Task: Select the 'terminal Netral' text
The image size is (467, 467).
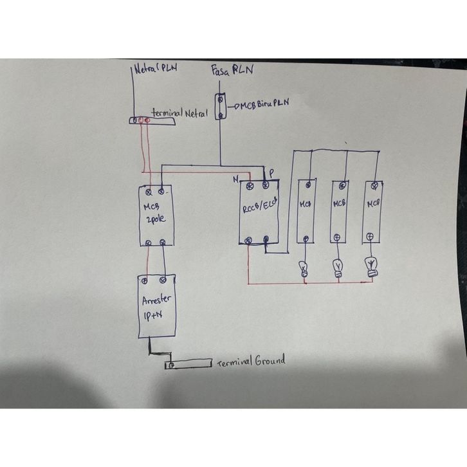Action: click(x=179, y=113)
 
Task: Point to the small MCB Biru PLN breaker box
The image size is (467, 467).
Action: click(x=220, y=107)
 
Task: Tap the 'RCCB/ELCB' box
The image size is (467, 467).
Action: click(x=258, y=213)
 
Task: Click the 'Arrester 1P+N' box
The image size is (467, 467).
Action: click(x=156, y=307)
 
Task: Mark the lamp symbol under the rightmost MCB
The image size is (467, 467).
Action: click(x=371, y=264)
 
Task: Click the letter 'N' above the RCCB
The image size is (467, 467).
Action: click(x=237, y=177)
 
